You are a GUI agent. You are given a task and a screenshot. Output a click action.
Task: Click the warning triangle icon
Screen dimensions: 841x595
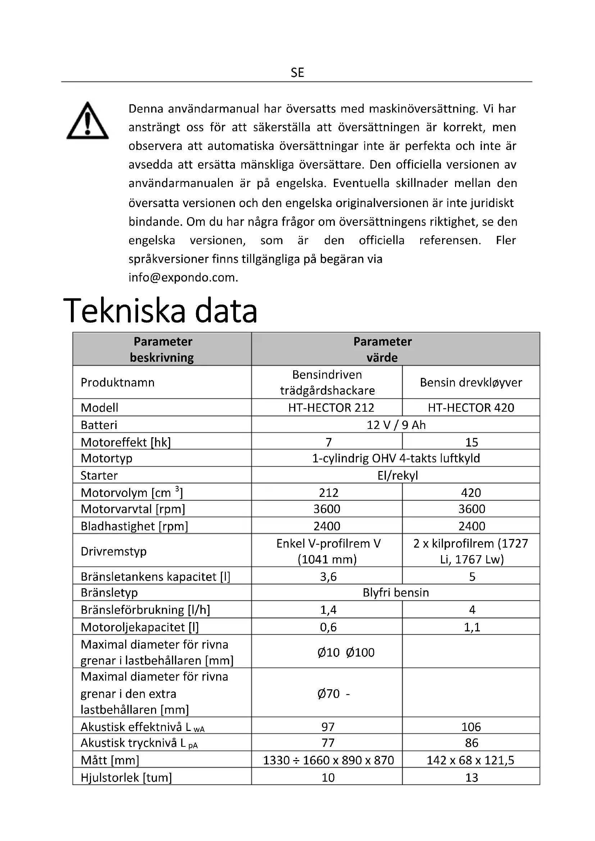click(87, 121)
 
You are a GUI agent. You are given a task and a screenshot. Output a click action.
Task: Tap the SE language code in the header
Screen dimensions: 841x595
click(297, 73)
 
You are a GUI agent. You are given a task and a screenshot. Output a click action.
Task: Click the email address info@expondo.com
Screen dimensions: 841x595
click(183, 277)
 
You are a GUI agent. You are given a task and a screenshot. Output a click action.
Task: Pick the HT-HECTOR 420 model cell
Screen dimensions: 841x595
click(471, 407)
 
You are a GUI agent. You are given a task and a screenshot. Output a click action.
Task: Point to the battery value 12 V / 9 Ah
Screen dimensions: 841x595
click(396, 425)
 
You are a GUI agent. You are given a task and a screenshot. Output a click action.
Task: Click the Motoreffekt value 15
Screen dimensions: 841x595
click(472, 442)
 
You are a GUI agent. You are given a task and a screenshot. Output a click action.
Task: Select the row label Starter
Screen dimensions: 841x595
click(99, 475)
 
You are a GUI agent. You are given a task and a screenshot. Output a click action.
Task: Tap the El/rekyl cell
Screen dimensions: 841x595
click(398, 475)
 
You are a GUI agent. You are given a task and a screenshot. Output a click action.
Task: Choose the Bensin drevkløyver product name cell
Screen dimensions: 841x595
click(471, 382)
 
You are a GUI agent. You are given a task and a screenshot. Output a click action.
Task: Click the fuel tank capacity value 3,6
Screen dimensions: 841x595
click(328, 576)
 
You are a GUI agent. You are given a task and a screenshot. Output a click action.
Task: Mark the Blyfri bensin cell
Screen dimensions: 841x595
click(396, 592)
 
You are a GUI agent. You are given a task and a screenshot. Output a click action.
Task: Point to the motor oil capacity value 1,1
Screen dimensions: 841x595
click(472, 627)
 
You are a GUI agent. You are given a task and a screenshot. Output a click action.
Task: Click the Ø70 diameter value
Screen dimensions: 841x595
click(329, 693)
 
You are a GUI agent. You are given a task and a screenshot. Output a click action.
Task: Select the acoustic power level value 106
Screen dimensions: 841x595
click(471, 727)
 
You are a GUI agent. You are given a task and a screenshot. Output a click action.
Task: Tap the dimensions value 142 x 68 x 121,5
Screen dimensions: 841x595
click(471, 760)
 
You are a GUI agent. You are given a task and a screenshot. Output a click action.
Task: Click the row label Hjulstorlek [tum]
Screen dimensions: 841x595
click(126, 777)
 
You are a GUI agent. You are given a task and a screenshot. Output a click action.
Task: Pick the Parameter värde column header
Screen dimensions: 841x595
click(382, 349)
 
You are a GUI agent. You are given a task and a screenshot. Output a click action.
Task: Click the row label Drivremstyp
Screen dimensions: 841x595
click(114, 551)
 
